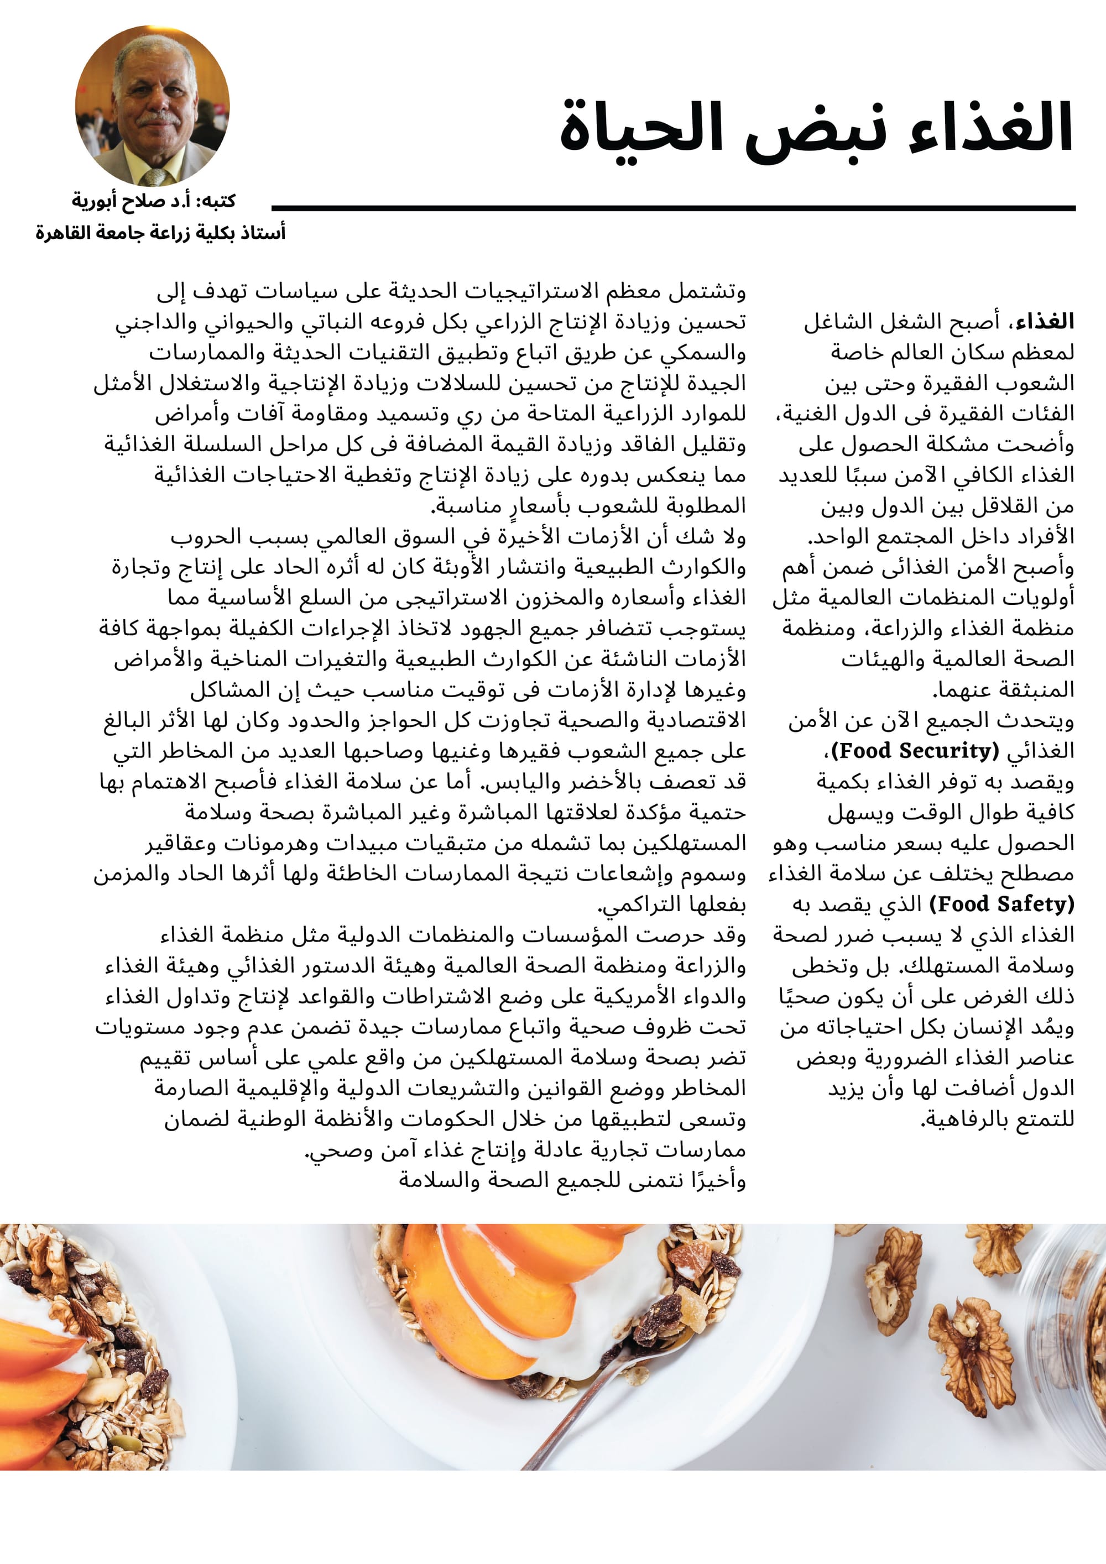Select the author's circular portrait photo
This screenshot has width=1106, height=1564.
pos(152,106)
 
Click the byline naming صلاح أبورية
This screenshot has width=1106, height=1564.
pos(153,201)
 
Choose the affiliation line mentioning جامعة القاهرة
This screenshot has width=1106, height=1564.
pos(160,233)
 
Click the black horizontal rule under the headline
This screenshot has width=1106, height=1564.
pos(672,208)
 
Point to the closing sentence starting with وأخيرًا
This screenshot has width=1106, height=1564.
pos(572,1180)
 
